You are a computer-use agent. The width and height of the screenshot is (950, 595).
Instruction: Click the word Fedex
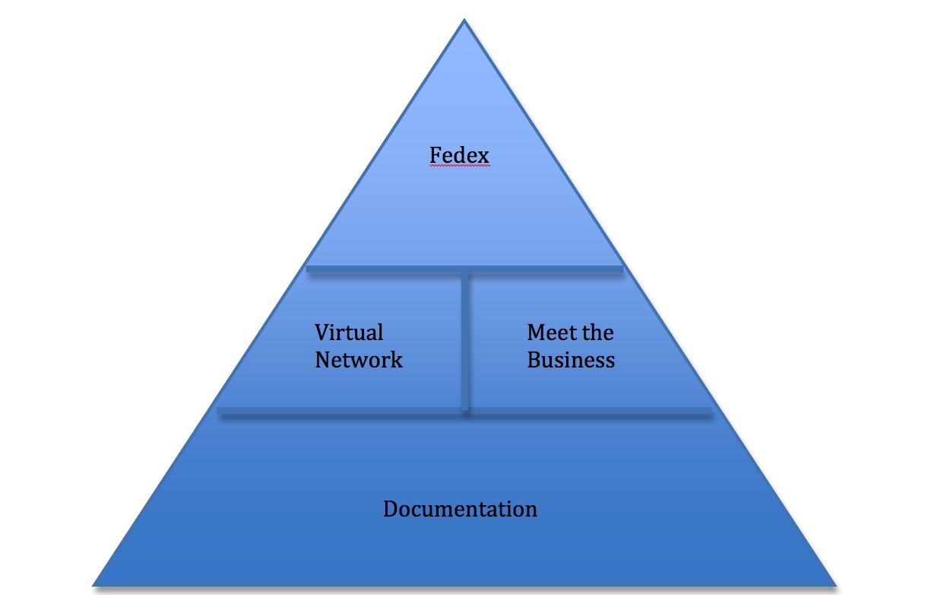459,155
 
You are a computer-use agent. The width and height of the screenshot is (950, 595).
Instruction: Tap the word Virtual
349,332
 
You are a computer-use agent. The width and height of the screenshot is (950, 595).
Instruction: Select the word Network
359,359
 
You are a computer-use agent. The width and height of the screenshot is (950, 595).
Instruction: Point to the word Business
571,359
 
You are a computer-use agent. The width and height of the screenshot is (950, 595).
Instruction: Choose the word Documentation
460,508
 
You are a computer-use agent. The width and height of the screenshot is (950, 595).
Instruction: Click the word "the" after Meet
596,332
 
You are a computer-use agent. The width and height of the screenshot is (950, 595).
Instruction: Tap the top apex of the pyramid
464,21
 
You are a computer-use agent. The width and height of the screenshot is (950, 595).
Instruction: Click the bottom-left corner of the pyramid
94,584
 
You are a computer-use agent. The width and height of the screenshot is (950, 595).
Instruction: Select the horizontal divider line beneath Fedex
464,269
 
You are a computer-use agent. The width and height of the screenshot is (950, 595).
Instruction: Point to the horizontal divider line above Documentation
464,411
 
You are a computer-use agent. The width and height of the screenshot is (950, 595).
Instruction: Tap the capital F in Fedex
435,155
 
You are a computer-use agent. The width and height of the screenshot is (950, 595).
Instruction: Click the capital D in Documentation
391,508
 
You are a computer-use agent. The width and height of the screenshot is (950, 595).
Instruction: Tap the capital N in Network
323,359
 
